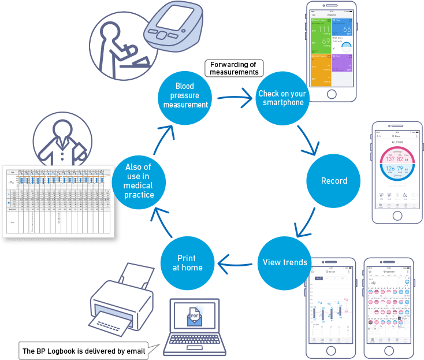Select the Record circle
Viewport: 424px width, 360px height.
click(334, 181)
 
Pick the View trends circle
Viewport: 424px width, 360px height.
click(284, 262)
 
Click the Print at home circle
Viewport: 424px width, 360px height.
click(187, 263)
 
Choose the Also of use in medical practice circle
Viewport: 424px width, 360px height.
click(139, 181)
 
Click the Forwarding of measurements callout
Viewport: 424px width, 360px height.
click(234, 68)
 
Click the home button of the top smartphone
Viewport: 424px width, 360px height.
click(331, 94)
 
